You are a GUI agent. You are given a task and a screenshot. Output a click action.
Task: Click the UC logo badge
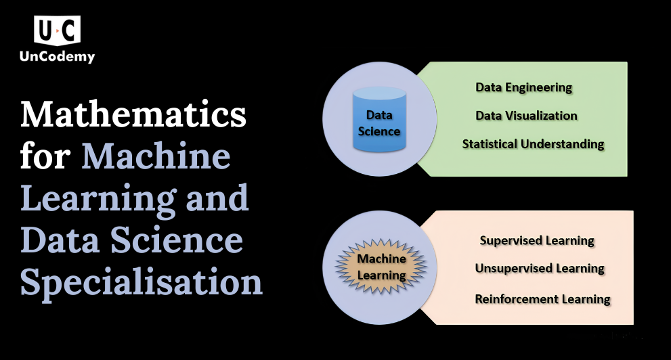click(x=57, y=30)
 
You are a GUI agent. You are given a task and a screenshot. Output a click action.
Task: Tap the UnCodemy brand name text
click(x=58, y=56)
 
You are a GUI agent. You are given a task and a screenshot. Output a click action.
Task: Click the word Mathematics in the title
click(x=133, y=114)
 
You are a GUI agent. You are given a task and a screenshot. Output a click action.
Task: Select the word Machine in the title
click(x=156, y=156)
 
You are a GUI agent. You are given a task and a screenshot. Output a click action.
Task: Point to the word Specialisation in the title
click(x=142, y=284)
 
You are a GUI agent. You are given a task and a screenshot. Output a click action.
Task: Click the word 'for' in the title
click(x=45, y=156)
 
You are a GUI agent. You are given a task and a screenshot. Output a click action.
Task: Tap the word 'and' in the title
click(x=217, y=198)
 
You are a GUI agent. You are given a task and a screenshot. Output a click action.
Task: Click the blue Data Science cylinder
click(x=379, y=119)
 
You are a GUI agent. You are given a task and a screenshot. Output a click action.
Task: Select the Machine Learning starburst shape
click(x=381, y=267)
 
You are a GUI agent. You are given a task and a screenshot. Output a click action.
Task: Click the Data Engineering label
click(x=524, y=88)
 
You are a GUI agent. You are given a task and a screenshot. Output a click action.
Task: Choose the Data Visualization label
click(x=526, y=116)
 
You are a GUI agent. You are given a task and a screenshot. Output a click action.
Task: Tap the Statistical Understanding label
click(x=533, y=144)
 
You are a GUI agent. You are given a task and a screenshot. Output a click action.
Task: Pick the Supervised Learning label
click(x=537, y=241)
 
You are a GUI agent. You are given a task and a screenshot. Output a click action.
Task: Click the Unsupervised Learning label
click(x=540, y=269)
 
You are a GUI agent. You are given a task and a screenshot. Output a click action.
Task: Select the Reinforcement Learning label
click(x=542, y=299)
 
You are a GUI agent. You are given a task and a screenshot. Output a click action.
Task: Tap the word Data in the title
click(x=60, y=240)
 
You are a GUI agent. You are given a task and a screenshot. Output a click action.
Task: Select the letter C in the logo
click(x=69, y=30)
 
